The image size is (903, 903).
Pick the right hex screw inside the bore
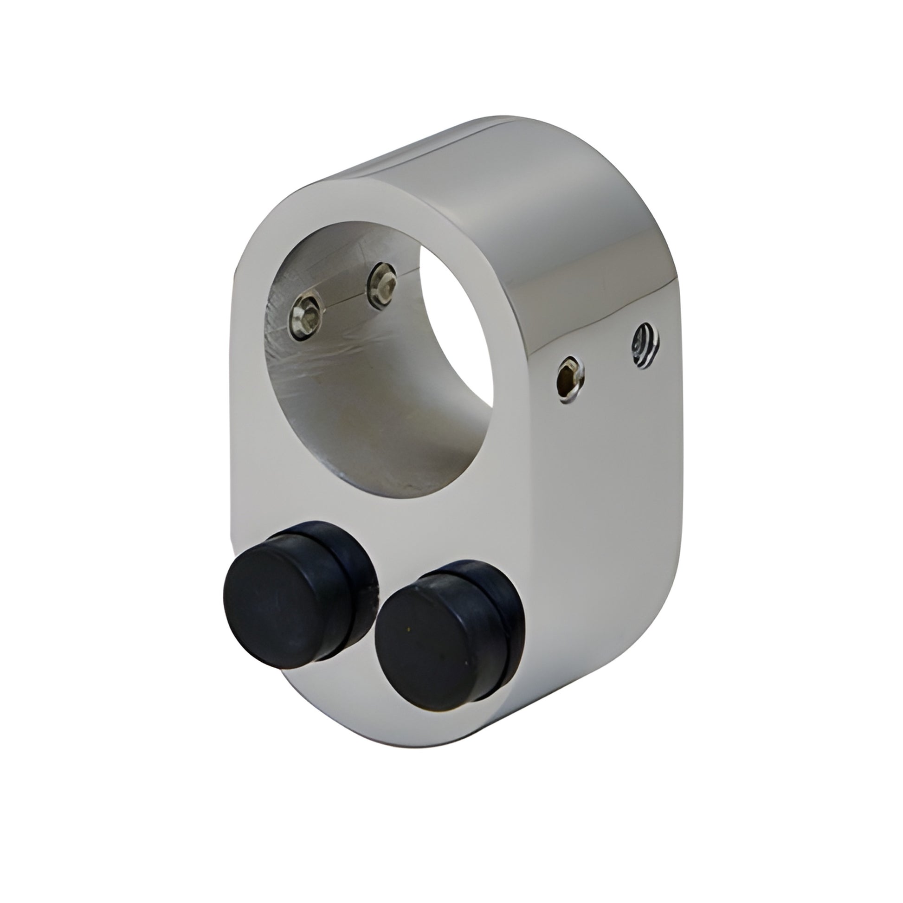pos(382,285)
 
